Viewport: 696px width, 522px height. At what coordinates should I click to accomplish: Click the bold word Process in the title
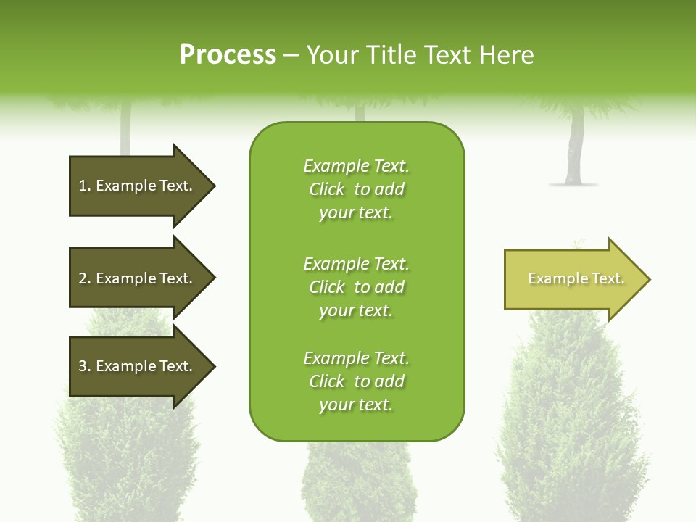(228, 55)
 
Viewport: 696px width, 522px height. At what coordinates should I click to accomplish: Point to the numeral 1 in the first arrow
(82, 186)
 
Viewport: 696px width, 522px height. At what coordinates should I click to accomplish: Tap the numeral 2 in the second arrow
(83, 278)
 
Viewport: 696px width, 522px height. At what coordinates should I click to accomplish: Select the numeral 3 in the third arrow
(83, 366)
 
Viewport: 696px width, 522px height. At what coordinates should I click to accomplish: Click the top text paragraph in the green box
(356, 189)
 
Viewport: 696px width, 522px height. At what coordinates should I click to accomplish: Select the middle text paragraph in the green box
(356, 287)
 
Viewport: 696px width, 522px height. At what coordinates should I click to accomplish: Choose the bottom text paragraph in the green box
(356, 381)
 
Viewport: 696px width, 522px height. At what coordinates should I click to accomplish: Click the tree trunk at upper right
(576, 149)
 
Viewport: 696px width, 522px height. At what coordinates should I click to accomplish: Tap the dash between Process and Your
(291, 56)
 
